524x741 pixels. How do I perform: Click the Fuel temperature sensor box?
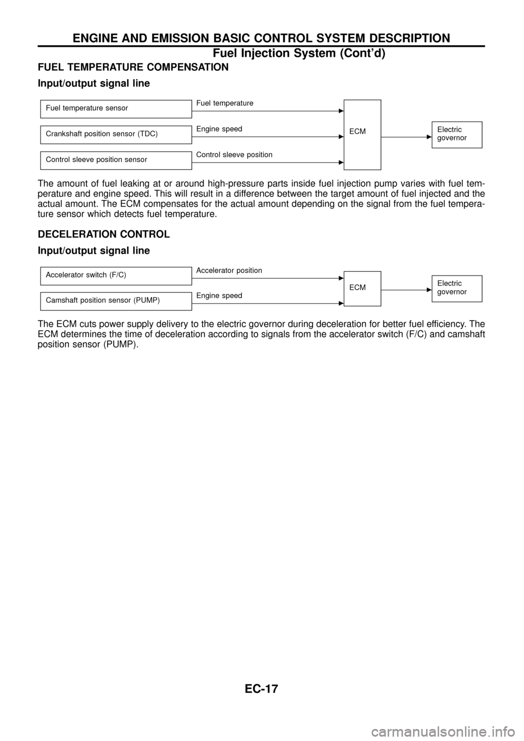(x=115, y=109)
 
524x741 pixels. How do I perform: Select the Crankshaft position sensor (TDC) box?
(x=115, y=134)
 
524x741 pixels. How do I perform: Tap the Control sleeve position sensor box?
(x=115, y=160)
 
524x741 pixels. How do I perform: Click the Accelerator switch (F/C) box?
(x=115, y=275)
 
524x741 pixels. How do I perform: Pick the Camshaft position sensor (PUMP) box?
(x=115, y=301)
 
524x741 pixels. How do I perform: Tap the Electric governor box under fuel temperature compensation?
(x=456, y=134)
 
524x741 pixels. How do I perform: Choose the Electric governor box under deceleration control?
(x=456, y=288)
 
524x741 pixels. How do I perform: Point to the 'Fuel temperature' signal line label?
(x=225, y=103)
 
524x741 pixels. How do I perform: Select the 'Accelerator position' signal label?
(x=229, y=270)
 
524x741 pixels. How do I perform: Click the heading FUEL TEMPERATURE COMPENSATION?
(x=133, y=67)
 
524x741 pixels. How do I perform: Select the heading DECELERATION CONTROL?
(x=103, y=234)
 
